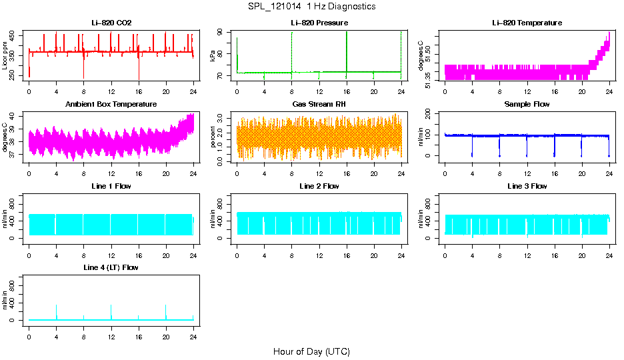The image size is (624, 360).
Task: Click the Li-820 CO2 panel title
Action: pos(111,23)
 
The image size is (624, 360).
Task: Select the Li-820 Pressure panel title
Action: pos(319,23)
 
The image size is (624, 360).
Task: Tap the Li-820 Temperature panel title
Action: pos(527,23)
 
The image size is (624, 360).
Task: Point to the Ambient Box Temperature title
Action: pos(111,105)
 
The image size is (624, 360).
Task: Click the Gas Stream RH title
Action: pos(319,105)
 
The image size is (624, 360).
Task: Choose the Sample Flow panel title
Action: pos(527,105)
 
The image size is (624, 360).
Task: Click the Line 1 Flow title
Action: pos(111,186)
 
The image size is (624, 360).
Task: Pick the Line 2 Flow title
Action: pos(319,186)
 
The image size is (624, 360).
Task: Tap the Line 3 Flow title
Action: pos(527,186)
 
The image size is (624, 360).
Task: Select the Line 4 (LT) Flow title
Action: pos(111,267)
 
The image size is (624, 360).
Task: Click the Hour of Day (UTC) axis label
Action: pos(311,351)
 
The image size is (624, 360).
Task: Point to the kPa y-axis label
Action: pos(213,56)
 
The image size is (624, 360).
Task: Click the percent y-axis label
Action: pos(213,137)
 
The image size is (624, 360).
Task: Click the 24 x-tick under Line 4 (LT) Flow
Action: pos(193,335)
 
